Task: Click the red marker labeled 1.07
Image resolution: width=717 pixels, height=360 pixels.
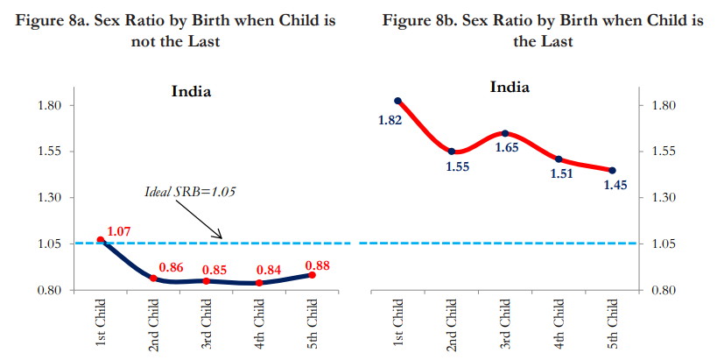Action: (x=101, y=240)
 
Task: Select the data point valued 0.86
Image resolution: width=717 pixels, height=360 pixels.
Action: (x=153, y=279)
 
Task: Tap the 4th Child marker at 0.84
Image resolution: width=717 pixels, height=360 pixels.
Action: (x=259, y=283)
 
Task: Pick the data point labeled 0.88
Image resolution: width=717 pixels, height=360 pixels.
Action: (x=313, y=275)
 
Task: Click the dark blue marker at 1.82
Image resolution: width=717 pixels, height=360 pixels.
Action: (x=397, y=102)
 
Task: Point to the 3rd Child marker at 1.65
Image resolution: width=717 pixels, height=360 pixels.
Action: (x=504, y=133)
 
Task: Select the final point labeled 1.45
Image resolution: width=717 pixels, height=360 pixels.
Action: (x=612, y=171)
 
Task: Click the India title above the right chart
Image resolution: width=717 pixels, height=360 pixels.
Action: (x=509, y=87)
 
